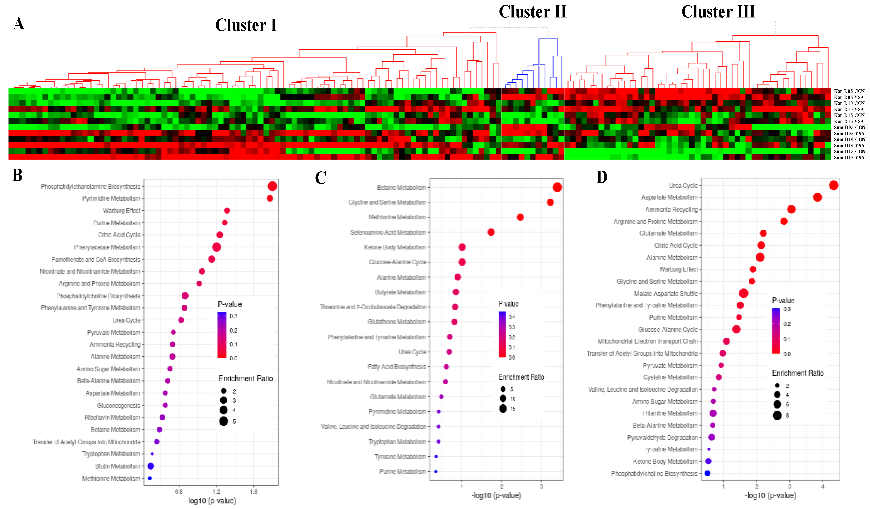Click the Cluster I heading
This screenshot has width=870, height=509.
246,25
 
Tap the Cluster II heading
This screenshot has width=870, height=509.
532,12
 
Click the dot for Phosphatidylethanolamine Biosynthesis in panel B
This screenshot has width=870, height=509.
272,186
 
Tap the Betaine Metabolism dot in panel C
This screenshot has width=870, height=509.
557,187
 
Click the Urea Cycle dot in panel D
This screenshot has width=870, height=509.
833,185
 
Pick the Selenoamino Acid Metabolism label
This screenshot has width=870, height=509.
388,232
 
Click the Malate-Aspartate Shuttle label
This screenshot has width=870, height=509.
666,294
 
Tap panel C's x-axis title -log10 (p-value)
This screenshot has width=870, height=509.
496,496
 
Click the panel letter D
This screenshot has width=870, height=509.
602,177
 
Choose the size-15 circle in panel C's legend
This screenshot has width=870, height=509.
503,409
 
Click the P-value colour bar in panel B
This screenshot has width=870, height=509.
222,335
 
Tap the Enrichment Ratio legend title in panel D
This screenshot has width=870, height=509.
797,373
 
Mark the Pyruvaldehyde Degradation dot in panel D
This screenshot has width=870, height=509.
711,437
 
